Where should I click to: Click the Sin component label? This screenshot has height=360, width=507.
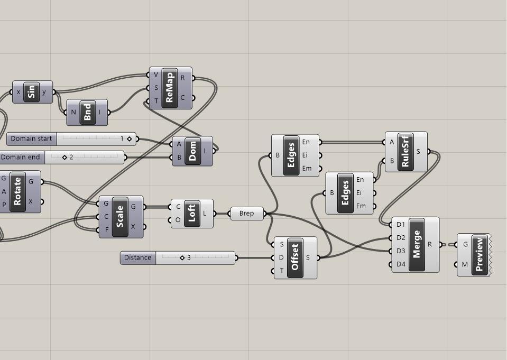pos(32,92)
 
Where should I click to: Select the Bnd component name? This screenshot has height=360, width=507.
pos(88,112)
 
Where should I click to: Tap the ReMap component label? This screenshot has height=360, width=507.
pos(170,88)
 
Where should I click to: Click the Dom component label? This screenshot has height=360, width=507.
pos(192,151)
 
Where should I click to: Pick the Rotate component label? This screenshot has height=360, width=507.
pos(18,191)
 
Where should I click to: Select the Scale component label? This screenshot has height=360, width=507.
pos(120,217)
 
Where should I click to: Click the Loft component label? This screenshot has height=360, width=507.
pos(192,214)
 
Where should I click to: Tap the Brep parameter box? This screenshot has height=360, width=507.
pos(246,214)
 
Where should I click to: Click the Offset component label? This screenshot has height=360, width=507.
pos(295,257)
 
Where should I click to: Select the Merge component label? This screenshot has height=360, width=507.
pos(417,245)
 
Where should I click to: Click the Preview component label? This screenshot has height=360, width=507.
pos(480,255)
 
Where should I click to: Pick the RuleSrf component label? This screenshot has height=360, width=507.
pos(405,152)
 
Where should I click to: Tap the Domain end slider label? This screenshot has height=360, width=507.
pos(21,157)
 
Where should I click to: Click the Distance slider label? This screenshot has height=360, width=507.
pos(137,257)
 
